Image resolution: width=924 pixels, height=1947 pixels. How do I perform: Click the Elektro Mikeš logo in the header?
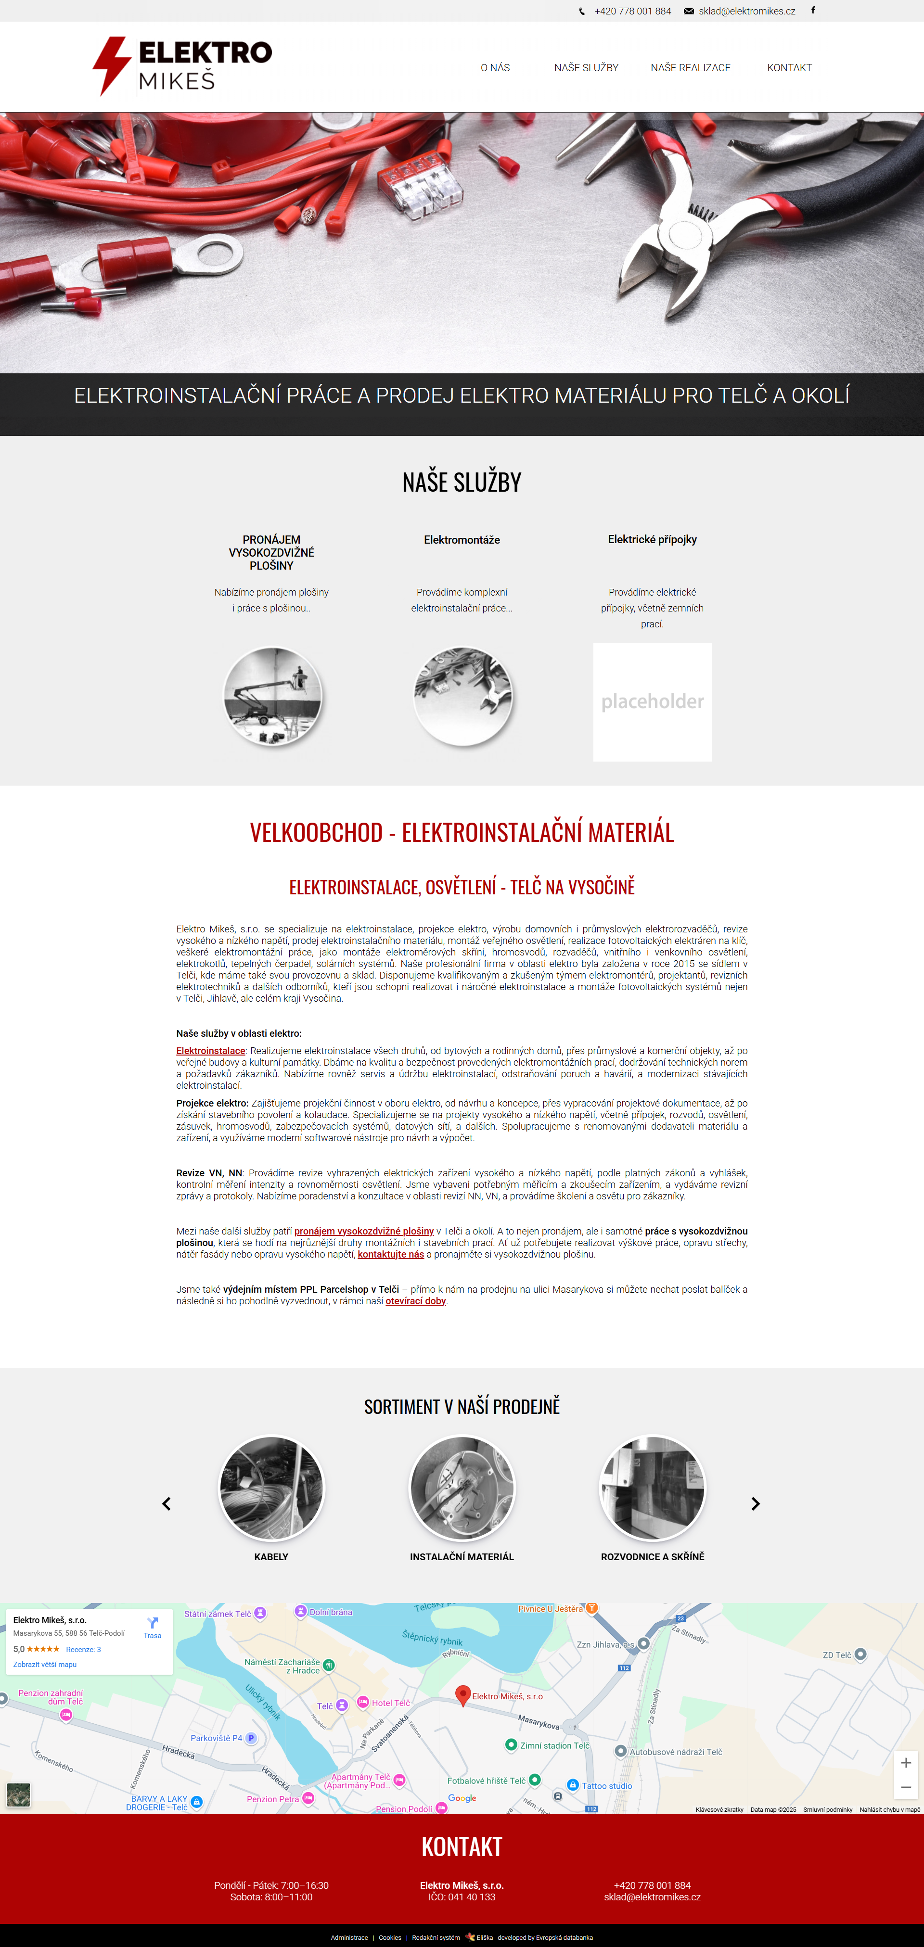[x=182, y=66]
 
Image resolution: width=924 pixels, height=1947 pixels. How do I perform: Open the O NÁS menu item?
[x=495, y=68]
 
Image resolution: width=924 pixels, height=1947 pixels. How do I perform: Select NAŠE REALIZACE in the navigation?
[x=691, y=68]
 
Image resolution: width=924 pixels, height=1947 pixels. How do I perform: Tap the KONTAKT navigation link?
[x=789, y=68]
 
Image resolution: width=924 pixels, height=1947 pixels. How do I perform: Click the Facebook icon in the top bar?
[x=813, y=11]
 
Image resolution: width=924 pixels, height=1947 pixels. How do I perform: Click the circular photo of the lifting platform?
[x=272, y=696]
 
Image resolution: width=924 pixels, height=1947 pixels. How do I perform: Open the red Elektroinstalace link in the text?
[x=210, y=1051]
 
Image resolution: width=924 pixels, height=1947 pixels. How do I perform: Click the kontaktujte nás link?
[x=390, y=1254]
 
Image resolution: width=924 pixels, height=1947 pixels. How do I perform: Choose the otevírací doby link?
[x=415, y=1301]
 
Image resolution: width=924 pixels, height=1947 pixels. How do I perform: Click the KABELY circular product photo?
[x=271, y=1488]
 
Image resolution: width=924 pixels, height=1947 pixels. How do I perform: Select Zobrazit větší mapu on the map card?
[x=45, y=1664]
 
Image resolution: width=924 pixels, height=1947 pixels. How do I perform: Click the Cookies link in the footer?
[x=389, y=1937]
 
